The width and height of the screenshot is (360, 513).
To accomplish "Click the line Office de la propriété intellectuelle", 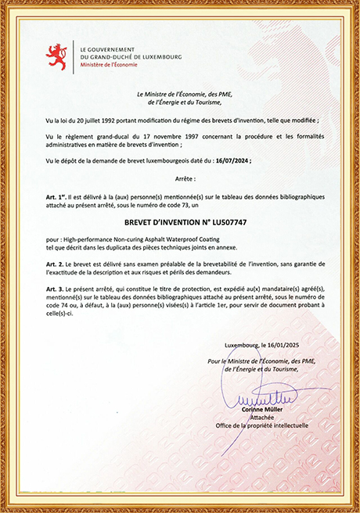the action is (262, 426).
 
